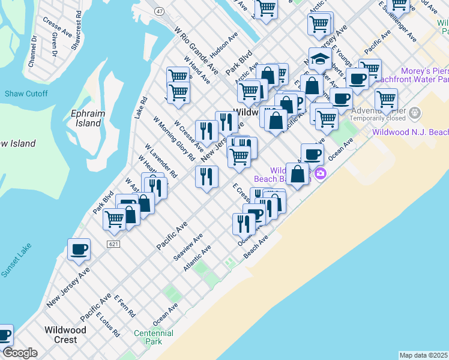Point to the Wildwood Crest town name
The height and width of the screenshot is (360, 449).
[x=65, y=334]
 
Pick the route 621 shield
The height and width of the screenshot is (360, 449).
[x=114, y=244]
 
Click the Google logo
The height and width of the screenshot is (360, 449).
[x=19, y=353]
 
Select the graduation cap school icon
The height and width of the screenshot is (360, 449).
[x=320, y=60]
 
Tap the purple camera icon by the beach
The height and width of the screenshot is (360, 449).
[x=320, y=173]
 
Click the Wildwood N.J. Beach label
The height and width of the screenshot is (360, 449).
[x=410, y=131]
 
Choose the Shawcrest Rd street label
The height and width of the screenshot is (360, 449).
[x=76, y=30]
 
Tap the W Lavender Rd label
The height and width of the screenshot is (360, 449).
[x=161, y=161]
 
